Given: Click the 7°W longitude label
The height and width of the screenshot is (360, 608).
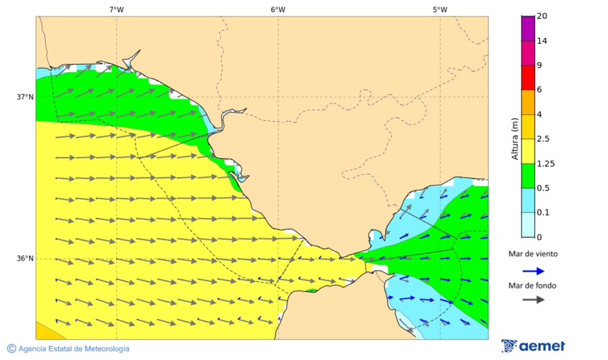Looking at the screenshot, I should click(x=116, y=9).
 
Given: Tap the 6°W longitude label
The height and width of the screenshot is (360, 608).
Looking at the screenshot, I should click(x=278, y=9).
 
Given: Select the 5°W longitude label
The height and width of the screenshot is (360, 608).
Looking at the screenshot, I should click(x=440, y=9).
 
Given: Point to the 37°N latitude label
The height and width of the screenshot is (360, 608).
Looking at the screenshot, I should click(x=25, y=97).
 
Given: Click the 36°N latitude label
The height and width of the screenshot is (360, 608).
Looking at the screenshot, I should click(x=25, y=259).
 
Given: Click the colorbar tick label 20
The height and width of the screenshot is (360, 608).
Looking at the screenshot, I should click(x=542, y=16).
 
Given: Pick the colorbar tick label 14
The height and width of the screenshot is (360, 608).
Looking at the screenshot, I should click(x=542, y=41).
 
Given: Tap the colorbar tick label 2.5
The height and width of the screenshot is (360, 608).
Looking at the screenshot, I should click(x=542, y=139).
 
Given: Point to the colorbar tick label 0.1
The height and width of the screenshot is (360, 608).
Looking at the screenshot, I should click(x=542, y=213).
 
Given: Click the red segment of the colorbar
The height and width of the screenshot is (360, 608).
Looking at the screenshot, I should click(x=528, y=77).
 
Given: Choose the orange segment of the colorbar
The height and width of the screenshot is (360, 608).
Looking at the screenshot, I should click(x=528, y=102).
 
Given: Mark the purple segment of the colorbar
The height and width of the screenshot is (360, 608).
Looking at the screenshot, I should click(x=528, y=28).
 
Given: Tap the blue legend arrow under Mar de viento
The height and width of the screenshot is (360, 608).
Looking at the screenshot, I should click(x=533, y=271).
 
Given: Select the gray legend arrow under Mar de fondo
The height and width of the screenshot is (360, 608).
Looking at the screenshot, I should click(x=533, y=299).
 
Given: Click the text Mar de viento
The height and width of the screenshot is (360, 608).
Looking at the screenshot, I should click(x=533, y=254).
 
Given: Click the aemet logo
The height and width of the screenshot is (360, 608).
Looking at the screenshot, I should click(x=533, y=346).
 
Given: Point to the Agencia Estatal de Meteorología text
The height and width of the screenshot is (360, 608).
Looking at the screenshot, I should click(x=74, y=349).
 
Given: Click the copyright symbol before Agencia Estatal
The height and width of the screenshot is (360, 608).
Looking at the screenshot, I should click(x=11, y=349).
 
